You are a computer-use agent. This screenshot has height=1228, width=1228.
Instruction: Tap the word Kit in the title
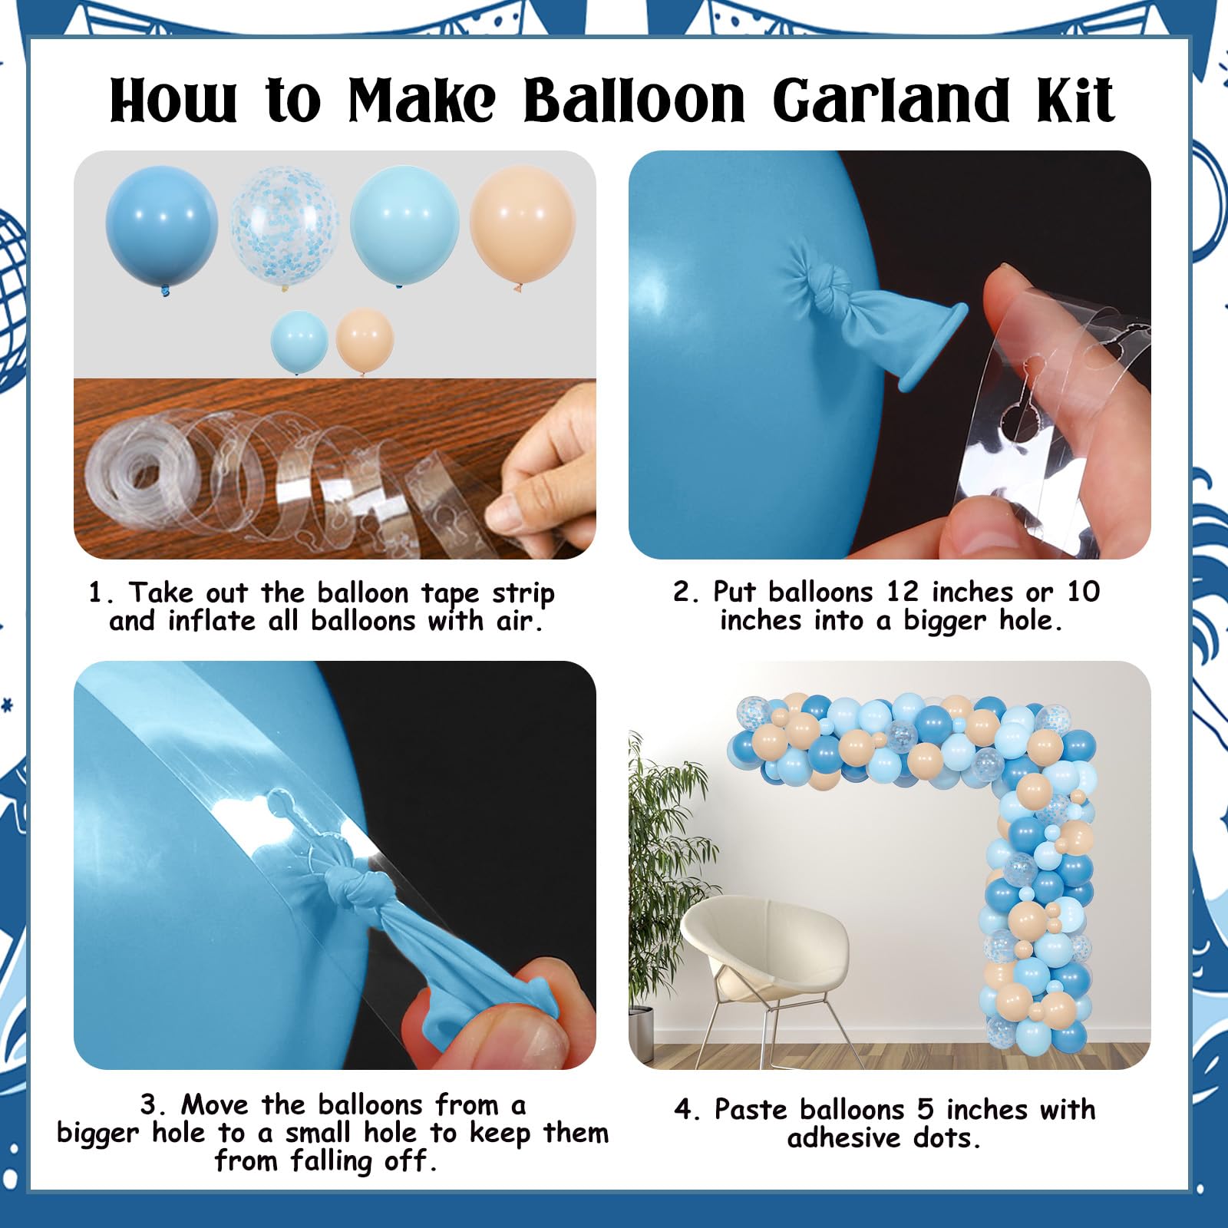point(1077,100)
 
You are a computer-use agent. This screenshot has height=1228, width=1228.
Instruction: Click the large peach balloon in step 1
point(523,226)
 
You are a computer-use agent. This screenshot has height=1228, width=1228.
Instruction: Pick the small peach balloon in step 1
point(365,340)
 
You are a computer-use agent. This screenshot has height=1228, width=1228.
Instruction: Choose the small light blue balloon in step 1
point(299,342)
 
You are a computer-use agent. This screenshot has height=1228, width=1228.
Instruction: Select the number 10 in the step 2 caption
point(1083,592)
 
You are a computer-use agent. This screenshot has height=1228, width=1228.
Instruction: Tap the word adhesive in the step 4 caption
point(843,1137)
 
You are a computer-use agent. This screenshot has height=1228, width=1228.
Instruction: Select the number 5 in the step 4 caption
point(925,1109)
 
